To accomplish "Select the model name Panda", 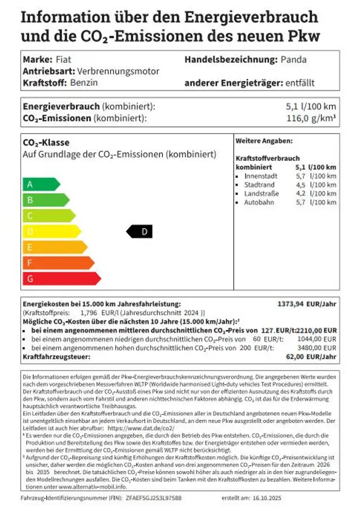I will pos(293,59).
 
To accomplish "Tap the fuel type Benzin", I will pos(84,83).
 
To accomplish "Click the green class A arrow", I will pos(40,184).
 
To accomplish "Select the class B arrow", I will pos(45,200).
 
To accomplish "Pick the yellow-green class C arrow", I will pos(48,216).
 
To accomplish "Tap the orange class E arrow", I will pos(54,247).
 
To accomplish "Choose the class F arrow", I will pos(58,263).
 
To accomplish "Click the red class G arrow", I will pos(61,278).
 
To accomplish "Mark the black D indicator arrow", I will pos(140,232).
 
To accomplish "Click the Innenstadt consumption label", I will pos(260,176).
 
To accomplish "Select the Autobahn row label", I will pos(259,202).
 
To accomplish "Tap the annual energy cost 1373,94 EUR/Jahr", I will pos(307,304).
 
